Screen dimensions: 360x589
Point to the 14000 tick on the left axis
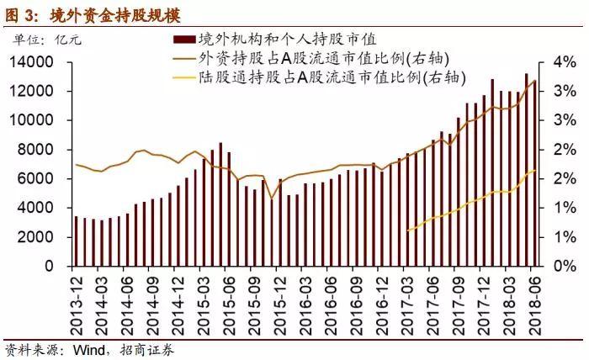click(37, 62)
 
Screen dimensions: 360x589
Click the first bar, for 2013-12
click(77, 241)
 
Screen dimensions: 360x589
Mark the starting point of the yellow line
click(408, 230)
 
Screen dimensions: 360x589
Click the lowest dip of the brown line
click(270, 198)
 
